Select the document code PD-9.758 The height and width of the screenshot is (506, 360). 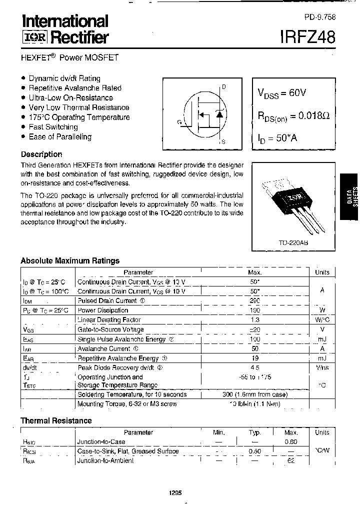319,16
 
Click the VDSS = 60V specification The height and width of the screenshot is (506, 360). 282,92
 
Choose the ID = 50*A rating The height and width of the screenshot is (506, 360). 277,138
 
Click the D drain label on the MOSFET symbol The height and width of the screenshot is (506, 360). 223,87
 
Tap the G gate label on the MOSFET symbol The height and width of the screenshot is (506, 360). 179,121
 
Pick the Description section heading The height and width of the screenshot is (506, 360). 41,154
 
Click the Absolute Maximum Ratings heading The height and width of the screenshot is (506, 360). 70,260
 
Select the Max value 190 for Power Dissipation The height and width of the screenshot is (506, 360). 254,310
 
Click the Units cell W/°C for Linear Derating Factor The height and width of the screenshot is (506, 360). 322,320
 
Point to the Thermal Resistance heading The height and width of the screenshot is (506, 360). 56,420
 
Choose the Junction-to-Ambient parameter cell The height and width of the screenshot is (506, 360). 105,460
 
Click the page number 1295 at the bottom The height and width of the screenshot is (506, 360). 175,492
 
